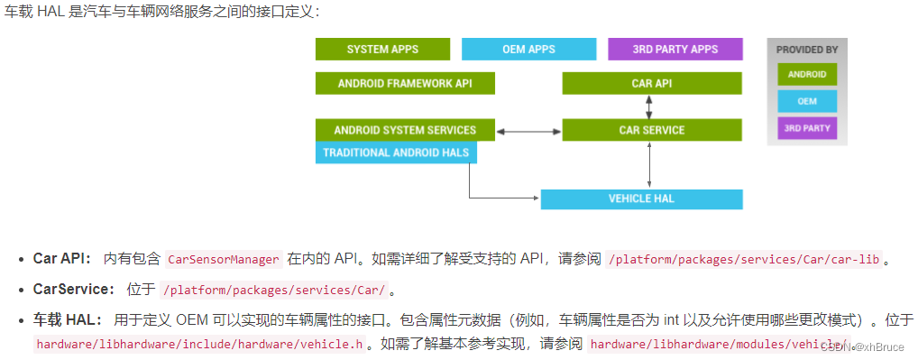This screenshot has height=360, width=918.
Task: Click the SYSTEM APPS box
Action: point(381,49)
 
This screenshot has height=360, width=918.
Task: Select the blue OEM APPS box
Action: point(528,49)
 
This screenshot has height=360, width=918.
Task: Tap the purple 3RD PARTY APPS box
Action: point(675,49)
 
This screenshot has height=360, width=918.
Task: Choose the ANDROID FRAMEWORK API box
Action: point(405,84)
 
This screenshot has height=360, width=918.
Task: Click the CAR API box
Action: point(652,84)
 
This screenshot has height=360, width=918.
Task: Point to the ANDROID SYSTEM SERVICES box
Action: point(405,130)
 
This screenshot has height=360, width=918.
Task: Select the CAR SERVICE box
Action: point(652,130)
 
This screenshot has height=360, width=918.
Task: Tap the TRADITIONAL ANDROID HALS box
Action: point(396,152)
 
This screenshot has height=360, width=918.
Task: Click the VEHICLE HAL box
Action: point(641,198)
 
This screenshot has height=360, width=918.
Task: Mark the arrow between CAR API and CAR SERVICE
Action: point(649,106)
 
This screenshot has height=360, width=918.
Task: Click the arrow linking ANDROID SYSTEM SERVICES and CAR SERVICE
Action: point(528,132)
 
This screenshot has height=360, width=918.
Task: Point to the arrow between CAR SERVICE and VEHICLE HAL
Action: point(649,165)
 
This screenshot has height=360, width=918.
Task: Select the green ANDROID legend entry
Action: point(807,75)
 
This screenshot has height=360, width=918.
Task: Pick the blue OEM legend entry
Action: point(807,101)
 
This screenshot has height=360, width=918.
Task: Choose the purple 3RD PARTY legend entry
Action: point(807,128)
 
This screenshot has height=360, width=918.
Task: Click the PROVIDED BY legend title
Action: point(807,50)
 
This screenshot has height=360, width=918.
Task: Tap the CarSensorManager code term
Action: point(224,259)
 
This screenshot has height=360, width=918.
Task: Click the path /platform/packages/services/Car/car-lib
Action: point(744,259)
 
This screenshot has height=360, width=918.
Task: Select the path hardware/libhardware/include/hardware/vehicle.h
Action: point(201,344)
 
